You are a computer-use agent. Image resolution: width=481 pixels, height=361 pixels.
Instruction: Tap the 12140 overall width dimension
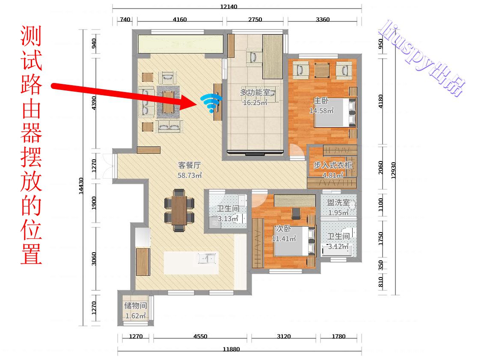(x=229, y=6)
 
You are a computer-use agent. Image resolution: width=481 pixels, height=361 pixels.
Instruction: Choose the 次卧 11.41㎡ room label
(x=284, y=234)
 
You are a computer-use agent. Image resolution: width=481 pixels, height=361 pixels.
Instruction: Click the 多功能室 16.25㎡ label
(x=255, y=97)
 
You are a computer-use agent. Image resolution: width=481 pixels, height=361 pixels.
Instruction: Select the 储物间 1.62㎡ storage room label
(x=136, y=311)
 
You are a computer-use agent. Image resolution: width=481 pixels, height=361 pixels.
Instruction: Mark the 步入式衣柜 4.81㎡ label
(x=333, y=170)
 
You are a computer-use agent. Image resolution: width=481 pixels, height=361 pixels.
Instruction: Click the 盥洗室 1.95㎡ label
(x=338, y=207)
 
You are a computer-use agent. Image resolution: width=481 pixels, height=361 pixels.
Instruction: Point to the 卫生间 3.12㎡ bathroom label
(x=338, y=241)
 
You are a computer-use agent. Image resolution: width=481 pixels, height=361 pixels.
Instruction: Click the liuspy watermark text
(x=422, y=58)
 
